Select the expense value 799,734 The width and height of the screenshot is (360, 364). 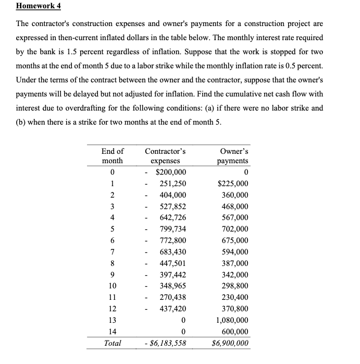(172, 229)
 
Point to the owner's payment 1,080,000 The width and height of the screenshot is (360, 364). (231, 320)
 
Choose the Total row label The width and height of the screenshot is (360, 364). (113, 343)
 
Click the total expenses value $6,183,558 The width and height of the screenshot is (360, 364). (166, 343)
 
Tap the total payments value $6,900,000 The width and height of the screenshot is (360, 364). (230, 343)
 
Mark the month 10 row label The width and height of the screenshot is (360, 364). (113, 286)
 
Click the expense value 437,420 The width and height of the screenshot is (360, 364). (172, 308)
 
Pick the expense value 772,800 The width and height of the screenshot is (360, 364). (172, 240)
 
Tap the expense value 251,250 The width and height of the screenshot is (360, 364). (172, 184)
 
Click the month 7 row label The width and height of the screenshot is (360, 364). (113, 252)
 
